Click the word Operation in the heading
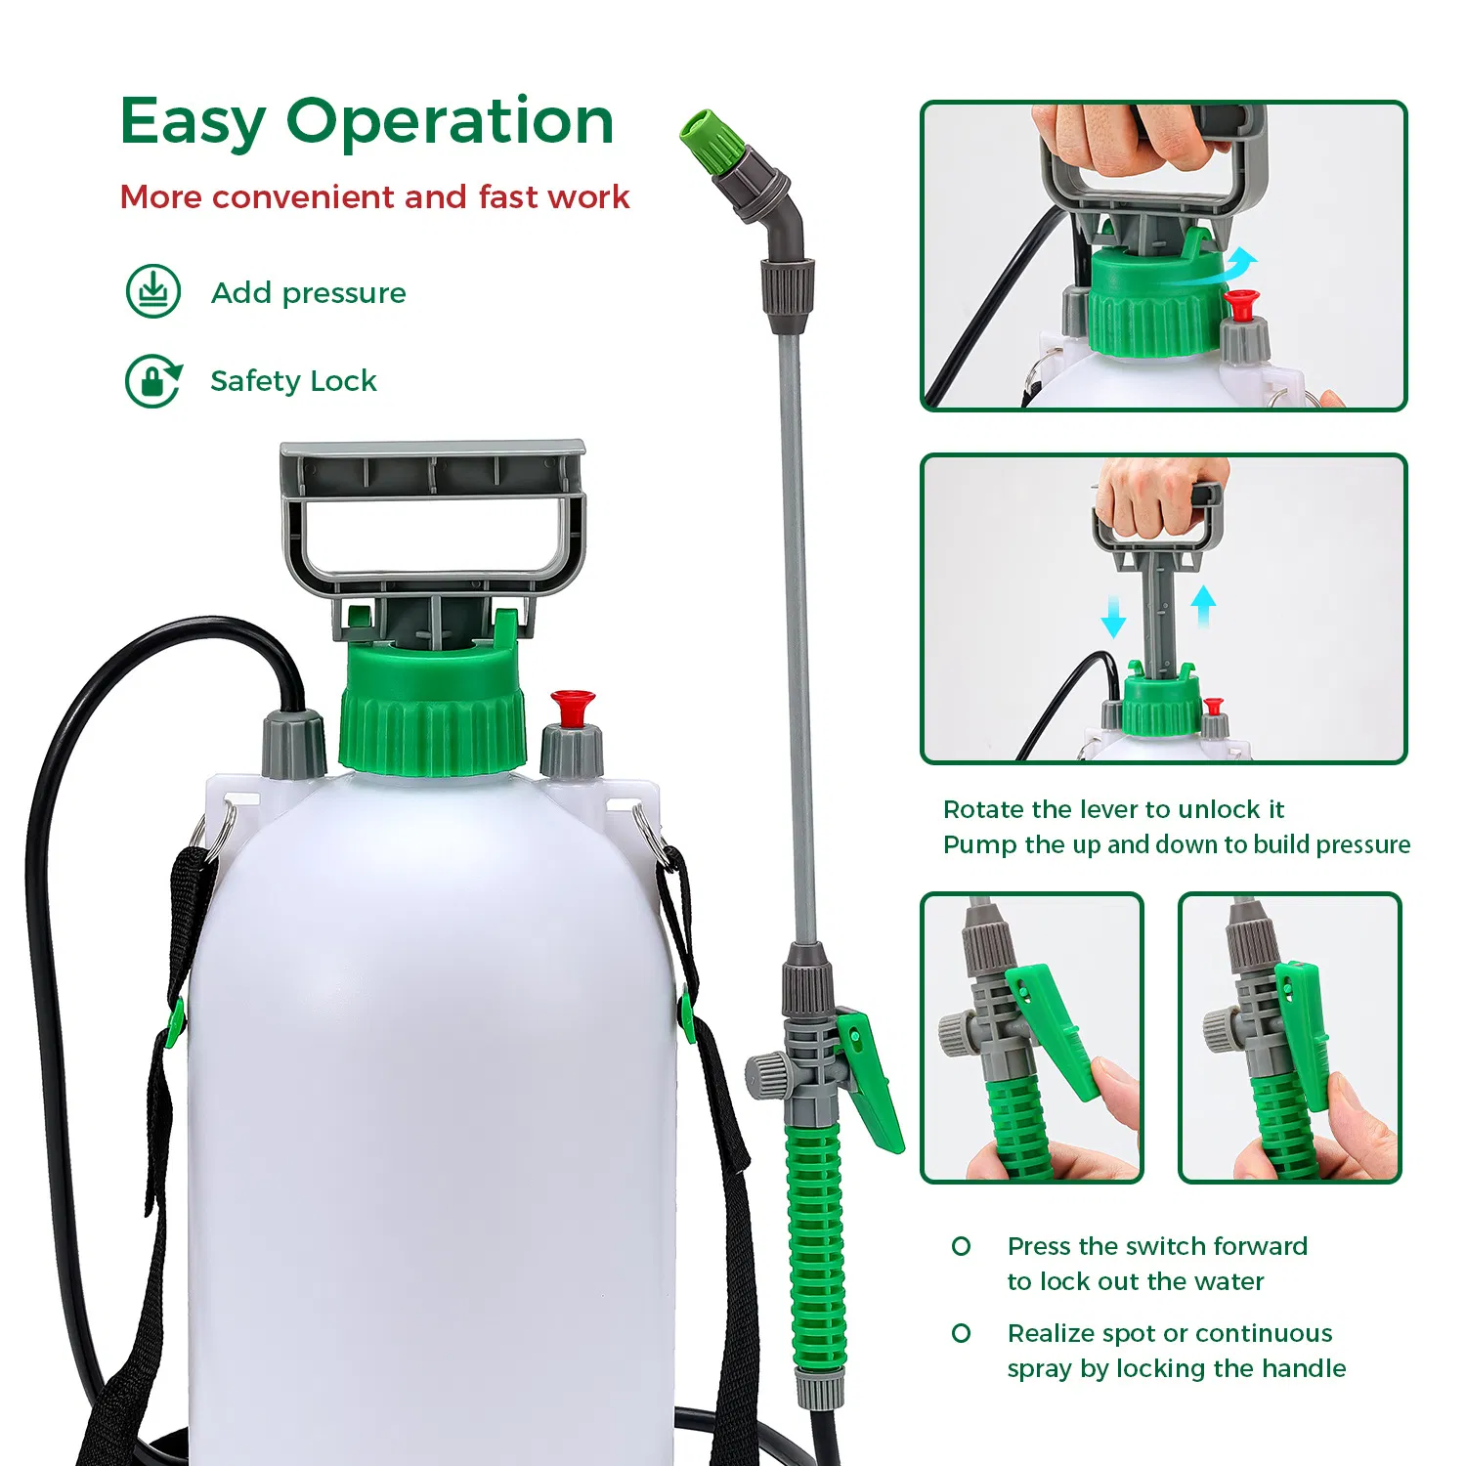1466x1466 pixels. pos(450,122)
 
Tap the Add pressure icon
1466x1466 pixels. pos(153,291)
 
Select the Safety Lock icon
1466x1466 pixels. pos(153,380)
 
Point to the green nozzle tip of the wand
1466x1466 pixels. pos(706,139)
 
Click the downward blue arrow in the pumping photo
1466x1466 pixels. pos(1113,615)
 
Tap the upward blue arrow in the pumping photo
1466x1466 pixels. pos(1204,604)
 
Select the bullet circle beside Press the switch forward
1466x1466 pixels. pos(962,1246)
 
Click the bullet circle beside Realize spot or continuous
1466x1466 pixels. pos(962,1333)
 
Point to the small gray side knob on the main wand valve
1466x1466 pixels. pos(767,1075)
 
